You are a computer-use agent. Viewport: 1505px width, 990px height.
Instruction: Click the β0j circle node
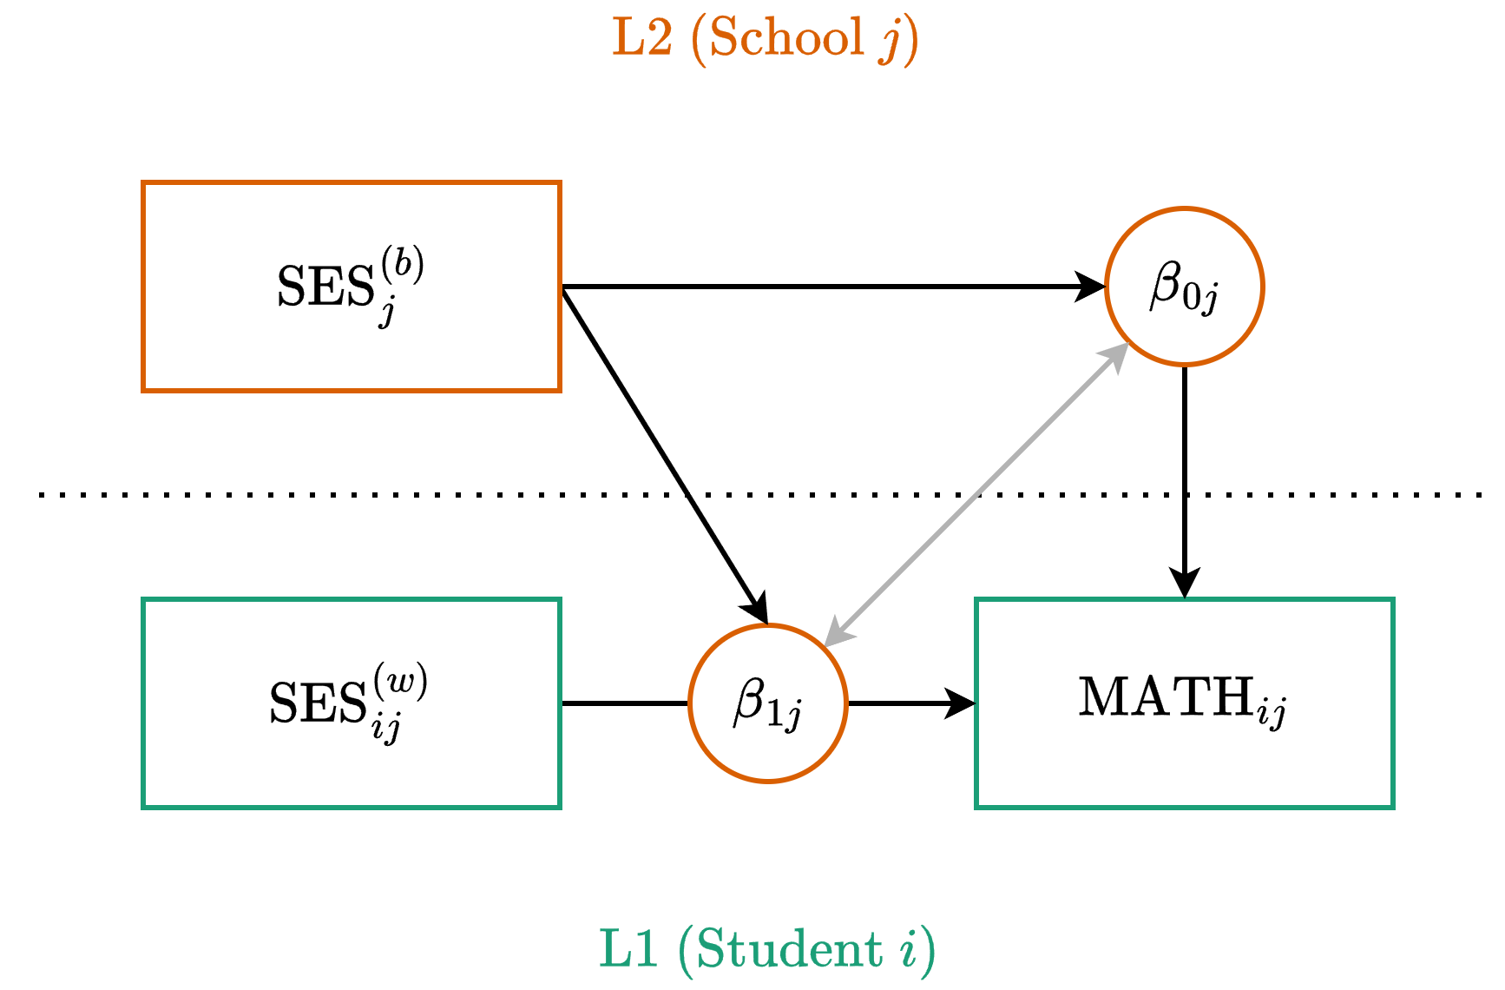tap(1184, 287)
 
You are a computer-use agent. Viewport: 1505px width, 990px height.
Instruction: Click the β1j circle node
tap(767, 703)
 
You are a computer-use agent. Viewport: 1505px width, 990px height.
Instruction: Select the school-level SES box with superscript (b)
tap(352, 287)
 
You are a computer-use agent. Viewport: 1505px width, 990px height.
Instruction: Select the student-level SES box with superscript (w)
tap(352, 703)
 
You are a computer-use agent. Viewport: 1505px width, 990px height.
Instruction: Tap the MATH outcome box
tap(1184, 703)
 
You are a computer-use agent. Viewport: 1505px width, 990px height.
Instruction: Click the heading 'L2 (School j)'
tap(765, 38)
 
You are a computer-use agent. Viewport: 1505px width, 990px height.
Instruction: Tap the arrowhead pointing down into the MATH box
tap(1184, 584)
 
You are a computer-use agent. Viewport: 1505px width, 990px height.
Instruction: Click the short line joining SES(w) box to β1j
tap(625, 703)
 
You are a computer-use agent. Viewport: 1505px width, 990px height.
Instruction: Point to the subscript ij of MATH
tap(1272, 715)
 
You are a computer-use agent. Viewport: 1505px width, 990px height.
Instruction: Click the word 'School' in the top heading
tap(786, 38)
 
